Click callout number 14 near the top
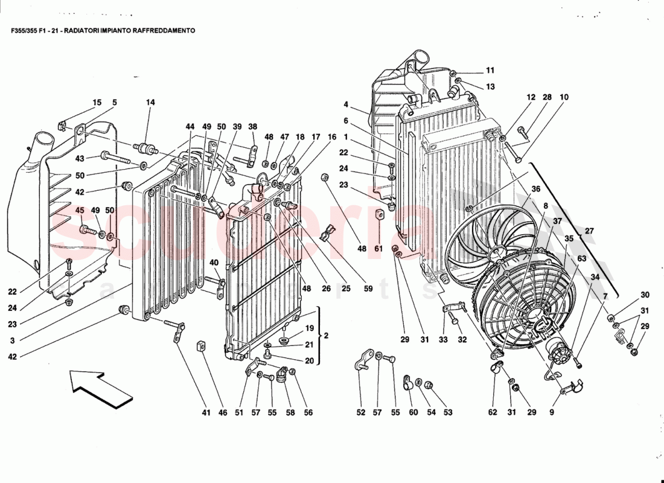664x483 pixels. (150, 103)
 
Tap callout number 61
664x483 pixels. (378, 248)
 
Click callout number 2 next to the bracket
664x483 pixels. (326, 335)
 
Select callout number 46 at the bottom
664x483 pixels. (223, 413)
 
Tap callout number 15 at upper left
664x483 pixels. (97, 103)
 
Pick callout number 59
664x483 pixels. (369, 289)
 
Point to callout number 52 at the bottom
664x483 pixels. (361, 413)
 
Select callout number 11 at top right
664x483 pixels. (490, 70)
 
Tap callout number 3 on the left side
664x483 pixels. (11, 341)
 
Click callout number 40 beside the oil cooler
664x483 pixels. (214, 263)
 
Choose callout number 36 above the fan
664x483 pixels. (535, 189)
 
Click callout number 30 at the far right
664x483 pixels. (645, 295)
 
